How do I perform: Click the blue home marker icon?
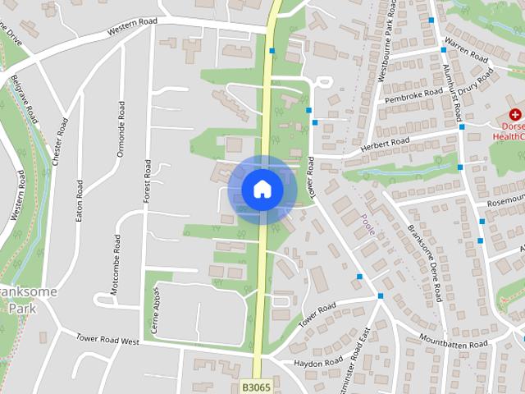coord(262,189)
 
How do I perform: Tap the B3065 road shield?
coord(256,384)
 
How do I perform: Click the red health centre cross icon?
coord(515,115)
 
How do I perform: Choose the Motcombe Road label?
coord(116,263)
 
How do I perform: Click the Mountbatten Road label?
coord(454,344)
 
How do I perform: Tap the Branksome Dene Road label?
coord(424,261)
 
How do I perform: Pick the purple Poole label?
coord(367,224)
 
